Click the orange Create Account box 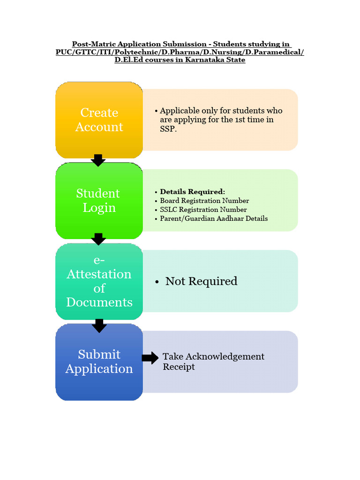click(99, 120)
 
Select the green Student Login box click(99, 201)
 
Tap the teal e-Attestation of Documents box click(99, 281)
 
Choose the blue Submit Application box click(99, 361)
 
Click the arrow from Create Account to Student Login click(98, 160)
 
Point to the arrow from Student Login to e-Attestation click(98, 239)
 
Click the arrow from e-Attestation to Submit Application click(98, 325)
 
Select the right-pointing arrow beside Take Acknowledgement click(150, 359)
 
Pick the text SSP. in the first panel click(169, 129)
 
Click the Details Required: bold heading click(192, 192)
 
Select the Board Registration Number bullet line click(204, 201)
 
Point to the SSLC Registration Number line click(203, 210)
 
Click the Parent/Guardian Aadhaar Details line click(214, 218)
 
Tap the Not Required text click(201, 281)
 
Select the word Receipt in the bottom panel click(179, 367)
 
